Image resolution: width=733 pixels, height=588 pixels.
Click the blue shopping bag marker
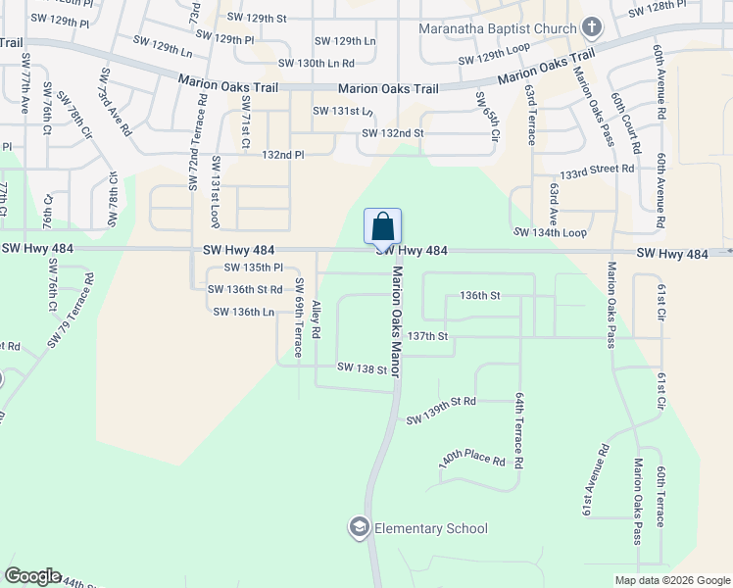(x=382, y=226)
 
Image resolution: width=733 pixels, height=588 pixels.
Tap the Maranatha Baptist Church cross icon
(x=591, y=26)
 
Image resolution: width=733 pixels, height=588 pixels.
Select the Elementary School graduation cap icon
(x=359, y=528)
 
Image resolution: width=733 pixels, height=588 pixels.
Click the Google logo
(x=32, y=575)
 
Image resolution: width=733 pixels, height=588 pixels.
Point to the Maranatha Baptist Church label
(x=498, y=27)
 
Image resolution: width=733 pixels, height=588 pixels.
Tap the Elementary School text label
(x=431, y=529)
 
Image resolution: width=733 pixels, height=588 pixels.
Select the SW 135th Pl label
(x=253, y=268)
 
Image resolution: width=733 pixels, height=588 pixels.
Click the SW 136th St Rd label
(x=245, y=289)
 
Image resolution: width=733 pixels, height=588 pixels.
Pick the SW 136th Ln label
(x=243, y=312)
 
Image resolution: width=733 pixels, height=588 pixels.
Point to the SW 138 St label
(x=362, y=367)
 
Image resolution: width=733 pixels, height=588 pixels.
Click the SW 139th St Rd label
(x=441, y=411)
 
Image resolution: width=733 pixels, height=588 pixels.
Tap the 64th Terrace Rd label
(x=519, y=431)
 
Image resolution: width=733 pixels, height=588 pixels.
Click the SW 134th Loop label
(x=550, y=232)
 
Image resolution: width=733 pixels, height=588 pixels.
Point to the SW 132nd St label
(x=392, y=133)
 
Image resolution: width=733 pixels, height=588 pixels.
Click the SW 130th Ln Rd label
(x=316, y=63)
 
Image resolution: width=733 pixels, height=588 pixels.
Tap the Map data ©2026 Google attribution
(x=670, y=579)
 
